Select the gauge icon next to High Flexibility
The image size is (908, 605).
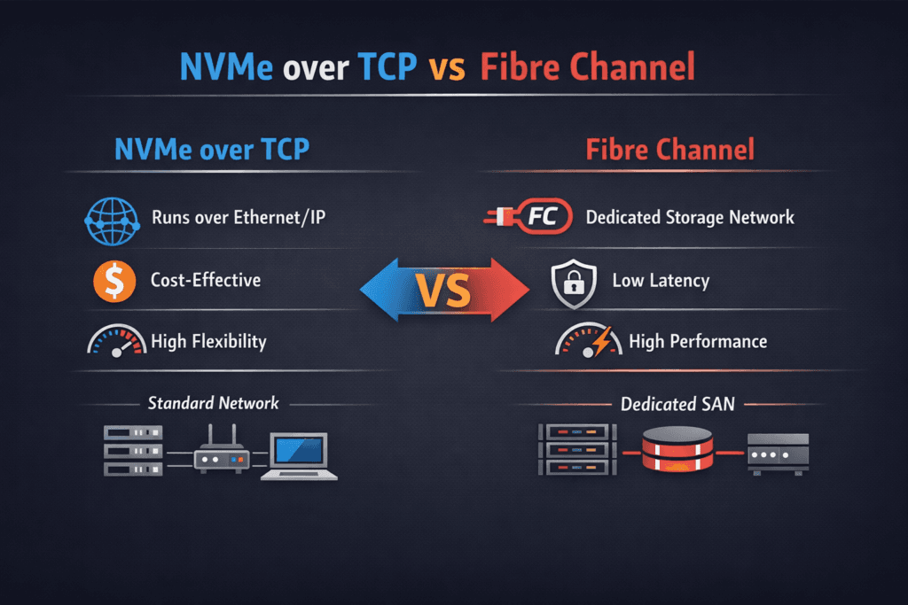click(x=114, y=341)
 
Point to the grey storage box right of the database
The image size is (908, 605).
click(x=778, y=452)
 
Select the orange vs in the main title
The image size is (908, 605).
click(x=448, y=69)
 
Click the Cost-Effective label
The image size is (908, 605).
click(x=206, y=281)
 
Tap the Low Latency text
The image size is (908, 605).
click(x=661, y=282)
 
